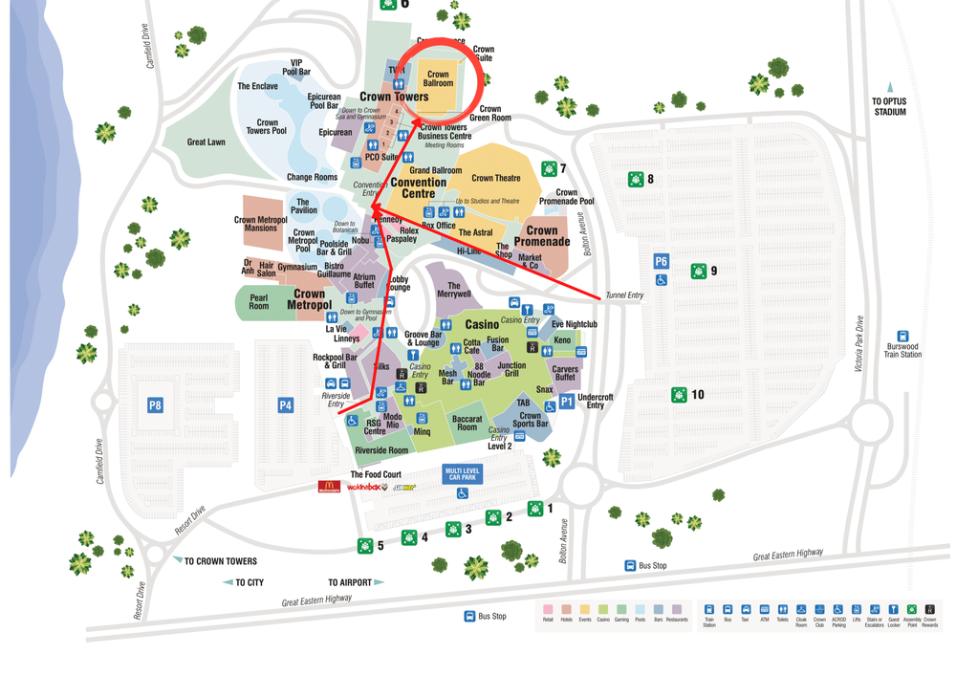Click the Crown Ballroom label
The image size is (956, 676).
[x=438, y=78]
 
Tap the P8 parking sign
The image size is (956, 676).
[x=155, y=405]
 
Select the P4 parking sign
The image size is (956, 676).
[x=285, y=405]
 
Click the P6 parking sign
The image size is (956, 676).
[x=661, y=261]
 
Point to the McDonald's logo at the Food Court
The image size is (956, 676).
[x=329, y=487]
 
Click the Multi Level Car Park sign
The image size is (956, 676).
[x=462, y=473]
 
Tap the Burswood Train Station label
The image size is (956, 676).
[x=902, y=349]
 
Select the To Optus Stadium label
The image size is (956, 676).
[x=889, y=105]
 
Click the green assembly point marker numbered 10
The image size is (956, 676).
[x=679, y=394]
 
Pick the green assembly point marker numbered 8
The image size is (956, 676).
[x=636, y=179]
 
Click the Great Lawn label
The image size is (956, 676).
[x=206, y=142]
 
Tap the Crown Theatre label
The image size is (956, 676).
[x=495, y=178]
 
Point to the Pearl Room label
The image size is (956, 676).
[x=259, y=302]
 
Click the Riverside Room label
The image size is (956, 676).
[x=381, y=450]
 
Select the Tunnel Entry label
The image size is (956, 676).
[x=625, y=295]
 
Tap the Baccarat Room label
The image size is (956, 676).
[x=467, y=423]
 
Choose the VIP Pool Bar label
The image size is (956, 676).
[x=296, y=68]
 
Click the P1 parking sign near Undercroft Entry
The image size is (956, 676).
[x=567, y=402]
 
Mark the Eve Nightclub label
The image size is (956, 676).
[x=574, y=324]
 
